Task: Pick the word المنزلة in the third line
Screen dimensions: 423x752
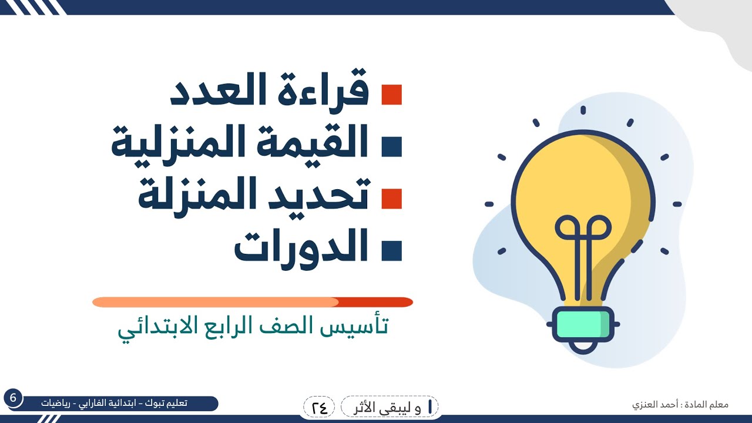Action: (194, 196)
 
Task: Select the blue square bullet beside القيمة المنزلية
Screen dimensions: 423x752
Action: (391, 146)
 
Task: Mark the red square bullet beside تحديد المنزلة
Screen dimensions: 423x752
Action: (391, 198)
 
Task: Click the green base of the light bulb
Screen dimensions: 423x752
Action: (583, 324)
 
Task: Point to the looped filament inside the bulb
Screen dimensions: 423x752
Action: (583, 229)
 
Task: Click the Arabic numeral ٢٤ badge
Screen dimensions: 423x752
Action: (319, 406)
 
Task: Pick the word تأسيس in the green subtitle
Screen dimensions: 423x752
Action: (361, 326)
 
